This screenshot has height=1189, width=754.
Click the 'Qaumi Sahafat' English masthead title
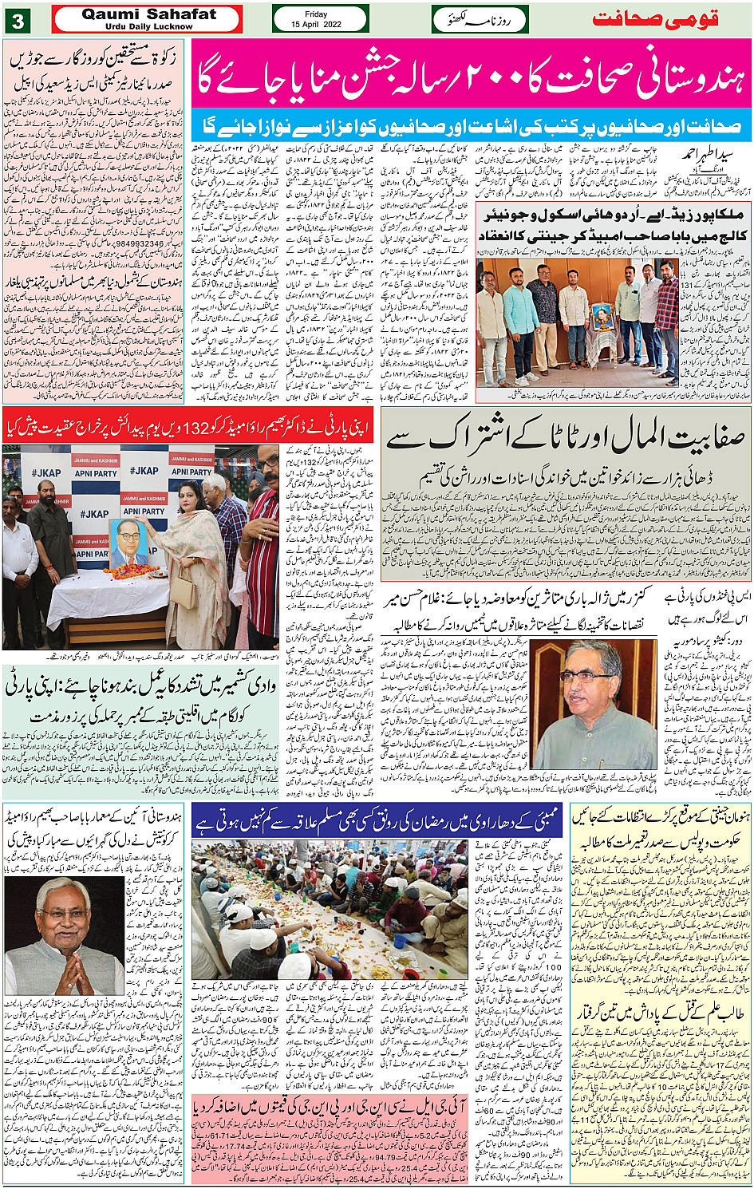148,14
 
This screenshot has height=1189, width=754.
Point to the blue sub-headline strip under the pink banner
471,125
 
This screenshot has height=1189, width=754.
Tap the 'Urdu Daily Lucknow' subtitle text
148,26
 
